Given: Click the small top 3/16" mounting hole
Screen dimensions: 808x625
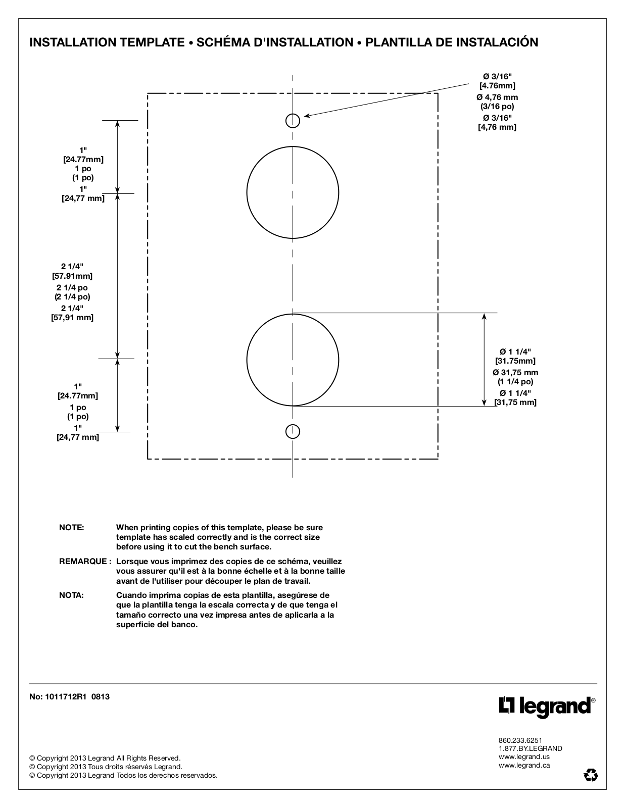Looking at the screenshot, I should (x=293, y=121).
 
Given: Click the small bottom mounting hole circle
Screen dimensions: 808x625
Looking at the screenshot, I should (x=293, y=432).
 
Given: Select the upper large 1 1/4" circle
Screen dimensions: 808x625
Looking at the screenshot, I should (x=293, y=192).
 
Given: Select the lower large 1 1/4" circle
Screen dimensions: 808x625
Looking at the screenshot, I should (x=293, y=360).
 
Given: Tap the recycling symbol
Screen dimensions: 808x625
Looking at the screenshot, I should (x=590, y=775).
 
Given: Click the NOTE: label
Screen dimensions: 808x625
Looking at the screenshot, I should (x=72, y=527).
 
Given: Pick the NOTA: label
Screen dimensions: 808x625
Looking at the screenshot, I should (x=71, y=595).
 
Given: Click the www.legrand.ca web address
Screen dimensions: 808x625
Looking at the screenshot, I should (x=524, y=765).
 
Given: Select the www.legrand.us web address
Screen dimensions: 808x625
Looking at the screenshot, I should (x=524, y=756).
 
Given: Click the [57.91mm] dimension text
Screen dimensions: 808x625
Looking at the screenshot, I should (x=72, y=276).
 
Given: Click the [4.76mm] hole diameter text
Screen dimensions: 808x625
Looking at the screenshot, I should (x=497, y=86).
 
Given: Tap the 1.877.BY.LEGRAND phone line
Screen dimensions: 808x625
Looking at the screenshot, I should (x=530, y=748).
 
